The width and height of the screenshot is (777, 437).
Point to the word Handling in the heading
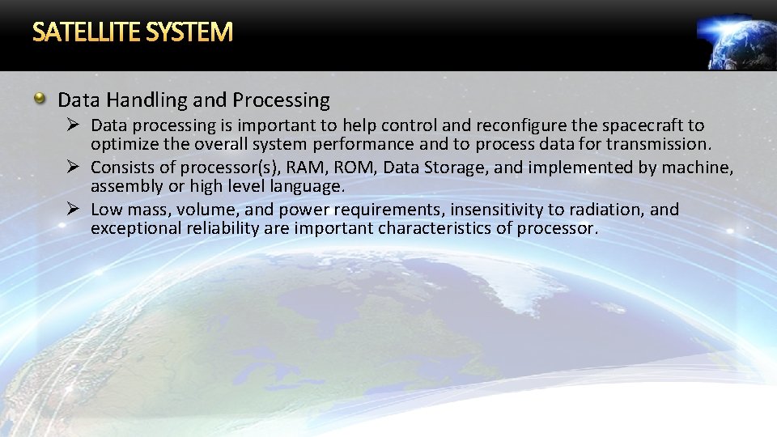coord(148,100)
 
